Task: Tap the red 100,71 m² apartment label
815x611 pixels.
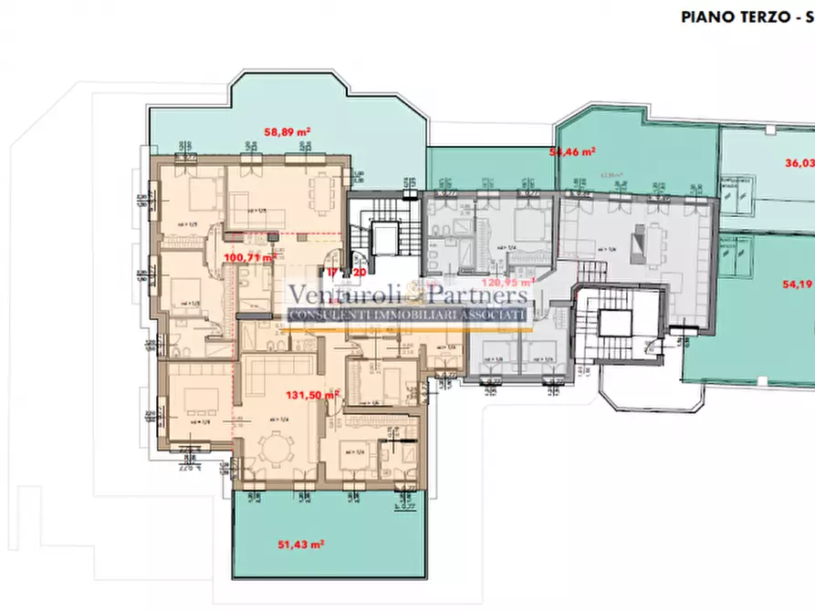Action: coord(249,258)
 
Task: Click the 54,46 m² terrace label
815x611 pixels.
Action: coord(573,151)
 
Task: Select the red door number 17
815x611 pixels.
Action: coord(333,272)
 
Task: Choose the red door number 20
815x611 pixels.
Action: coord(359,272)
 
